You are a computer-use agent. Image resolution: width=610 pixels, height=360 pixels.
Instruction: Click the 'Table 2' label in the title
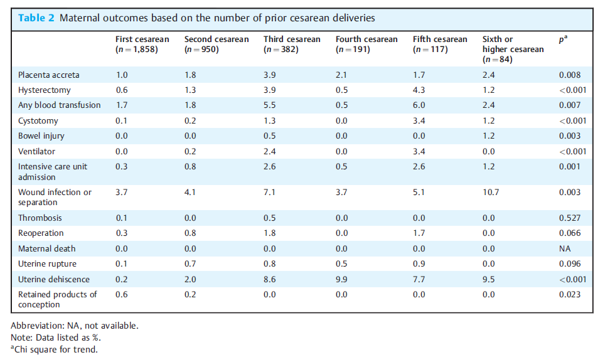click(x=36, y=18)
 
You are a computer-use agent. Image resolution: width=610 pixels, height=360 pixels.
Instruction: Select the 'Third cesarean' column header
click(x=292, y=45)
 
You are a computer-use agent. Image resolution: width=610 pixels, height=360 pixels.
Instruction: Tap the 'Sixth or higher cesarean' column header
click(x=513, y=50)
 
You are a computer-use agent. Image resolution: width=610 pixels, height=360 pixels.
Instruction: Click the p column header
click(x=563, y=39)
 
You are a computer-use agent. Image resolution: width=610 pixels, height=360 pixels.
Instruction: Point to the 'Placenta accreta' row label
click(x=48, y=75)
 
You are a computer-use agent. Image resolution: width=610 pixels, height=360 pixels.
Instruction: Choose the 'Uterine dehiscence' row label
click(x=54, y=280)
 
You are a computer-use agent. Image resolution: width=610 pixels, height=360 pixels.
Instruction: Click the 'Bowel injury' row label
click(x=41, y=136)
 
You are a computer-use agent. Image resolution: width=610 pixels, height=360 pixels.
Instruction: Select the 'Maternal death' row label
click(x=46, y=249)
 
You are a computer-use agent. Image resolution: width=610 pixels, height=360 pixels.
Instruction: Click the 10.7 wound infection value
click(x=491, y=192)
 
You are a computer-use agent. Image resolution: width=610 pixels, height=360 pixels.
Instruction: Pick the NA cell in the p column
click(x=565, y=249)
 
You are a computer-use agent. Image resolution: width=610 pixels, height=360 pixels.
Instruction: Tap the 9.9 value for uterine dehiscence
click(x=341, y=280)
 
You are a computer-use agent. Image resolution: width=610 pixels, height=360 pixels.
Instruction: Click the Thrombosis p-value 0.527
click(x=570, y=218)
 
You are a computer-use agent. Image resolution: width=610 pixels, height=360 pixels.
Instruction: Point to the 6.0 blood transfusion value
click(x=419, y=105)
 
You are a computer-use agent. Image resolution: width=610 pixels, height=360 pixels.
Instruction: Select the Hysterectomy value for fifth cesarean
click(x=419, y=90)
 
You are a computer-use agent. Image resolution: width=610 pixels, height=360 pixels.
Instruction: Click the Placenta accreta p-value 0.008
click(x=570, y=75)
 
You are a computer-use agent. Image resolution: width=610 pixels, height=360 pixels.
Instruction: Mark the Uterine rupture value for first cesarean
click(x=121, y=264)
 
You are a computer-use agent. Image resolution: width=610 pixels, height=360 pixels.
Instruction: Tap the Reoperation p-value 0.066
click(x=570, y=233)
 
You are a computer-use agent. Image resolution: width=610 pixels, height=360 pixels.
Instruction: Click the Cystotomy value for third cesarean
click(x=270, y=121)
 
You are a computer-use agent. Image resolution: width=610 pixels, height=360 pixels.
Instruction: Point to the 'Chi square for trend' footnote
click(x=54, y=349)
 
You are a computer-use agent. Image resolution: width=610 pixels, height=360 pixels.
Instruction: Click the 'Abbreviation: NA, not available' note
click(x=74, y=326)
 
